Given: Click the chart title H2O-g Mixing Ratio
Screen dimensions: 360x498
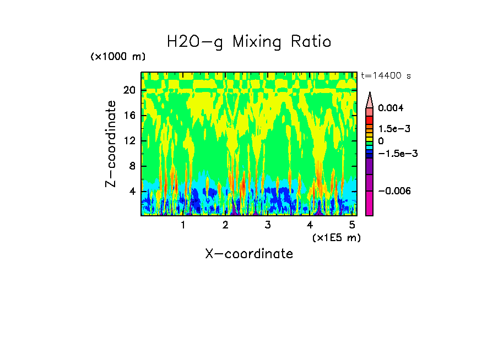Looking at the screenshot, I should coord(249,42).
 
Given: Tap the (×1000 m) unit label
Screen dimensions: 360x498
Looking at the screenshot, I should coord(118,57).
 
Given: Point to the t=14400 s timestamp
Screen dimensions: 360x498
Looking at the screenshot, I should coord(386,75).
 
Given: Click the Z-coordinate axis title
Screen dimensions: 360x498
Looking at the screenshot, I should coord(111,144).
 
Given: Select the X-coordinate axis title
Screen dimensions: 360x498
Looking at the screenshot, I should coord(249,254).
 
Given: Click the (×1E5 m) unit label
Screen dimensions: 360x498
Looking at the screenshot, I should coord(336,237).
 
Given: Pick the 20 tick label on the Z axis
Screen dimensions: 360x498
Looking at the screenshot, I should coord(129,90).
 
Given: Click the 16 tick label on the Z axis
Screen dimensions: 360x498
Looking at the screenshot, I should coord(129,115).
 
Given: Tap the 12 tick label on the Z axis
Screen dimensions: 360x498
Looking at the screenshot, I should coord(129,140).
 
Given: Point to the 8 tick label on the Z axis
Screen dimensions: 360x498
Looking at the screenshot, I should coord(132,166).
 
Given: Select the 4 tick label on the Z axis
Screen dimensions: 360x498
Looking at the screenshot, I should coord(132,192).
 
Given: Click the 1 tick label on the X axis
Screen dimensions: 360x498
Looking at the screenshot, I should coord(183,225).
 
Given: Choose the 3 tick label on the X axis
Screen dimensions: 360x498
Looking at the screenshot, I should coord(267,225).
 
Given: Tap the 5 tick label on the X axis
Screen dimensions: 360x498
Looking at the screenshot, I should coord(352,225).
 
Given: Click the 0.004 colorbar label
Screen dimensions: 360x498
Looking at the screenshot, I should coord(391,108).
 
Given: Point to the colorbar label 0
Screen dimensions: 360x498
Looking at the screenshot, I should coord(381,141).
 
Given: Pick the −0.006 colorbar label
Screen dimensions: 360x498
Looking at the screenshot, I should coord(394,190).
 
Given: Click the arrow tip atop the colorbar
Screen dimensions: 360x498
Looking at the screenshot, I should coord(370,94).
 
